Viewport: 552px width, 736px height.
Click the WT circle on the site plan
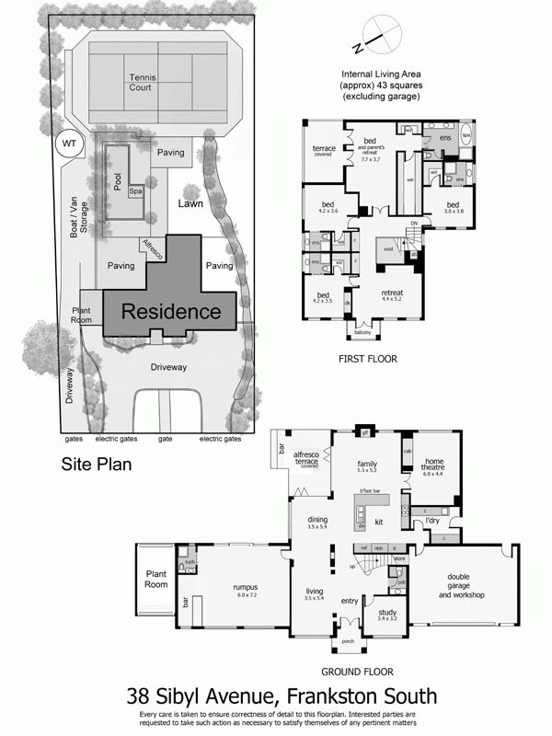[x=67, y=143]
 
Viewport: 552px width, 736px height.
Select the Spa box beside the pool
[x=134, y=191]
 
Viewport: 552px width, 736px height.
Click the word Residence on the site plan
[x=171, y=312]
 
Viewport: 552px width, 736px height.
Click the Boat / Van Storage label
[x=78, y=208]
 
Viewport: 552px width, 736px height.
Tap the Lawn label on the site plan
[x=190, y=202]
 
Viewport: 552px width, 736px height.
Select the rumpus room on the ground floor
[x=245, y=589]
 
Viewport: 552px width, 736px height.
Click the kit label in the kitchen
[x=377, y=523]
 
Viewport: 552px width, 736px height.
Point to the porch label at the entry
[x=348, y=641]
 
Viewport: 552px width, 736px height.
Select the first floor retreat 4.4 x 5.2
[x=393, y=296]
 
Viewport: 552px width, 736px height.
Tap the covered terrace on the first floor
[x=324, y=149]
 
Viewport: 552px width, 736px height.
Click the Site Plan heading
[x=97, y=465]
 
